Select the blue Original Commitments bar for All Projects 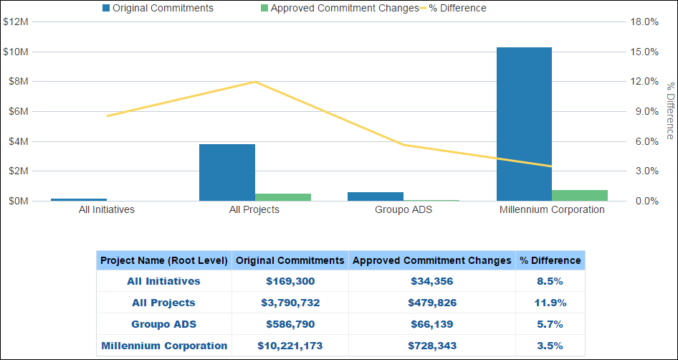pos(227,172)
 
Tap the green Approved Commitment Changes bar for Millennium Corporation pos(580,195)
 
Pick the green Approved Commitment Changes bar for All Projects pos(283,196)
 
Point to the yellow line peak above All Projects pos(255,82)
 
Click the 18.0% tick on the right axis pos(644,22)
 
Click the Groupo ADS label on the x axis pos(404,210)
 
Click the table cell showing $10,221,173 pos(290,346)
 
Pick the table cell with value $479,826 pos(432,303)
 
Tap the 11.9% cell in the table pos(550,303)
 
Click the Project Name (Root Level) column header pos(164,260)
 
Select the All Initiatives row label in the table pos(164,281)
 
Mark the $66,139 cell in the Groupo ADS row pos(432,324)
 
